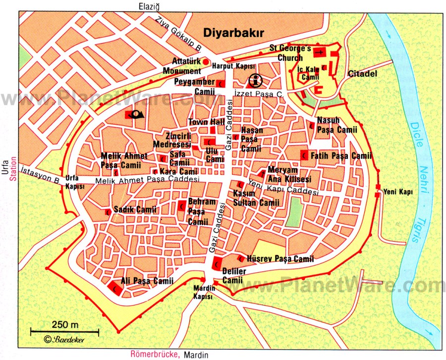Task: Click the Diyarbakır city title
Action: tap(232, 33)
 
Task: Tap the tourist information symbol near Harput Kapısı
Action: tap(255, 80)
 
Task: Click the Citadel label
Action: tap(362, 74)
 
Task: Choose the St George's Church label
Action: tap(290, 53)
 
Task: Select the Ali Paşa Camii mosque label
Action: tap(148, 281)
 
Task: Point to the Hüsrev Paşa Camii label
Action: tap(280, 258)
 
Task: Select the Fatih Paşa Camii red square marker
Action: tap(304, 155)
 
